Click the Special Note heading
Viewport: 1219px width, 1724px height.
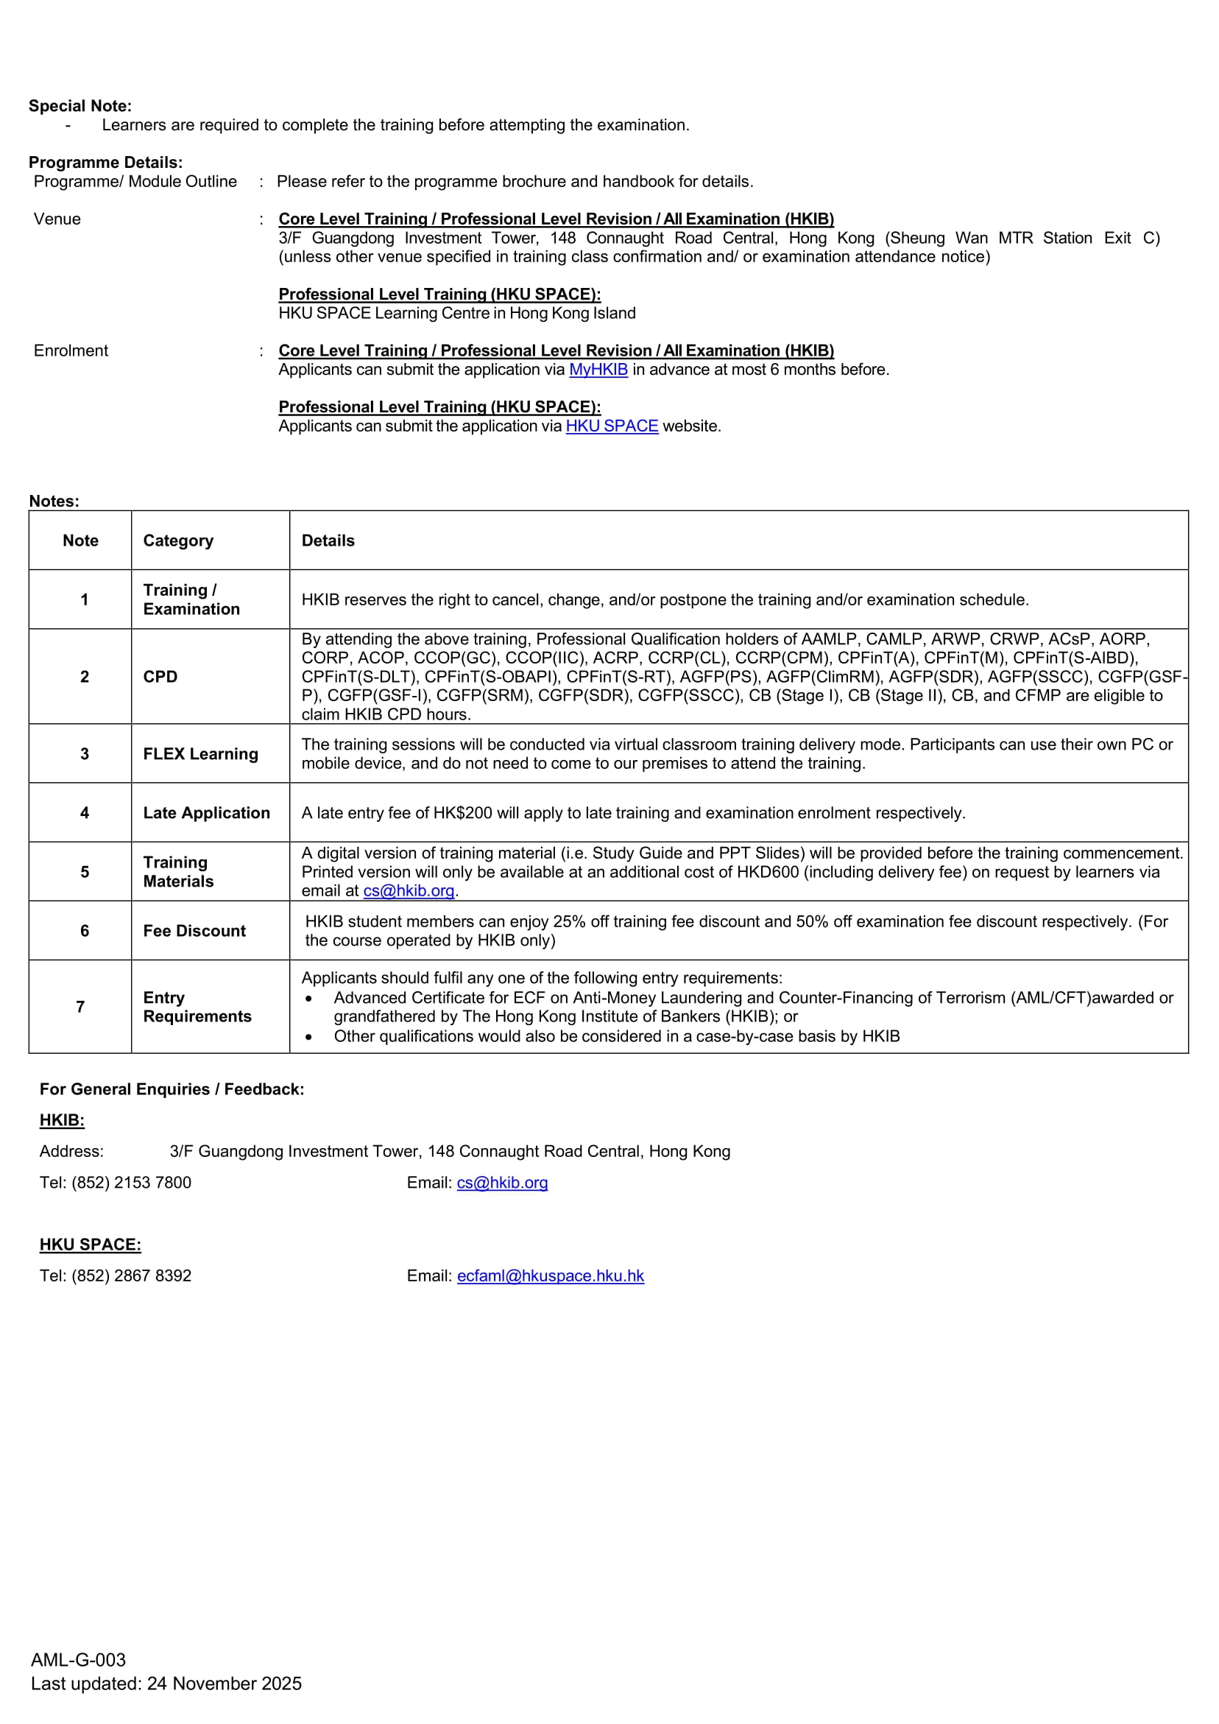coord(79,106)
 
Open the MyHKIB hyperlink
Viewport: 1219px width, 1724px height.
coord(598,370)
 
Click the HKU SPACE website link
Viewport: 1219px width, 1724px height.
coord(612,426)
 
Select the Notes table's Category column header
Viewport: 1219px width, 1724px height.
coord(178,541)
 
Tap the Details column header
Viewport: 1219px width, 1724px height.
coord(328,541)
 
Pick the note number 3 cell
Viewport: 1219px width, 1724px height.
coord(84,754)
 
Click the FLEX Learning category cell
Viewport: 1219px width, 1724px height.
coord(200,754)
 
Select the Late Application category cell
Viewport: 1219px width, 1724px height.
coord(206,812)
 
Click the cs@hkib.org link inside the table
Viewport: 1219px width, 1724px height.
coord(409,890)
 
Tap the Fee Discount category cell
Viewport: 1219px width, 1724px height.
coord(194,931)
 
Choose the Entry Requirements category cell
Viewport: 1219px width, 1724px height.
coord(197,1007)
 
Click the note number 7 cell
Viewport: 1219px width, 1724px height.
coord(80,1007)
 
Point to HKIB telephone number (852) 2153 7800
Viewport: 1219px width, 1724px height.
coord(131,1183)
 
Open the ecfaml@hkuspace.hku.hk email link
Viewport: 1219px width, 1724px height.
coord(550,1276)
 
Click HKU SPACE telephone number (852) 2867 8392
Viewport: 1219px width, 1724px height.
coord(131,1276)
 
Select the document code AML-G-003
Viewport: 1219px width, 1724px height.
coord(78,1659)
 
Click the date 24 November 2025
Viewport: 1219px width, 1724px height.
coord(224,1683)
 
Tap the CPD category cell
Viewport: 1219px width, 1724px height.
coord(160,677)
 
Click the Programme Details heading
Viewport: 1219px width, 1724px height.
coord(106,162)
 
